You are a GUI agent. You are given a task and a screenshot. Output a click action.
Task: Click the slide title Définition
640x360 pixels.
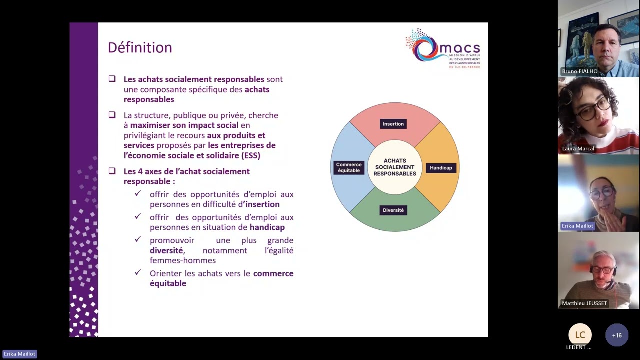(x=140, y=48)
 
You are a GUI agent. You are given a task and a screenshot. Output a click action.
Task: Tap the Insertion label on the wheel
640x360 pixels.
(x=393, y=124)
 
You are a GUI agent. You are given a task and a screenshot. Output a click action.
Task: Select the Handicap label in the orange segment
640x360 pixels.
(x=441, y=168)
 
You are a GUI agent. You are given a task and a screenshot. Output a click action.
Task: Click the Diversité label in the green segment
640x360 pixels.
(x=393, y=210)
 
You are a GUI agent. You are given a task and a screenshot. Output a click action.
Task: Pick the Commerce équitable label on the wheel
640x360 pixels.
(x=349, y=167)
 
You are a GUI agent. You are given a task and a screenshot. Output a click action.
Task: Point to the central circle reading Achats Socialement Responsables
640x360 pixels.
(x=395, y=167)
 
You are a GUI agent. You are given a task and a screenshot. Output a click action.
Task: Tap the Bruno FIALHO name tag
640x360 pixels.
(x=580, y=71)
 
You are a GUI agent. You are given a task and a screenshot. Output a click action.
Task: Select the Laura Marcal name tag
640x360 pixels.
(x=578, y=149)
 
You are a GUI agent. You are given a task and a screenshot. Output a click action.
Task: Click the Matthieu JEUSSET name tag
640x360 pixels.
(x=584, y=303)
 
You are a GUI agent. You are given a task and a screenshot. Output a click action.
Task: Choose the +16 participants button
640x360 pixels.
(x=617, y=335)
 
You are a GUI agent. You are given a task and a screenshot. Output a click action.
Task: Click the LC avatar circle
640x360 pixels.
(x=580, y=335)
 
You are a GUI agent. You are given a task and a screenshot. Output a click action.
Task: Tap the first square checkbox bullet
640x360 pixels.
(x=112, y=79)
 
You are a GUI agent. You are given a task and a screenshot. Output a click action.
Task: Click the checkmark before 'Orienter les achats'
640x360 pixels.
(x=138, y=273)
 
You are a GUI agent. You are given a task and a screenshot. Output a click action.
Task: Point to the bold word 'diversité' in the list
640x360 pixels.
(x=166, y=250)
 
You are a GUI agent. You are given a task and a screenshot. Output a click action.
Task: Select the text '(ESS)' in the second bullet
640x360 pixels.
(x=251, y=155)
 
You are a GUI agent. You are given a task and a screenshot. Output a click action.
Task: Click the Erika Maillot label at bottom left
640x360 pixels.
(x=19, y=354)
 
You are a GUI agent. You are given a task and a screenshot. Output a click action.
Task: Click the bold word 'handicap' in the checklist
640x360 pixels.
(x=267, y=227)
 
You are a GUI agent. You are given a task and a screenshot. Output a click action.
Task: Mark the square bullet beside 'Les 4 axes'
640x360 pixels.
(x=112, y=171)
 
